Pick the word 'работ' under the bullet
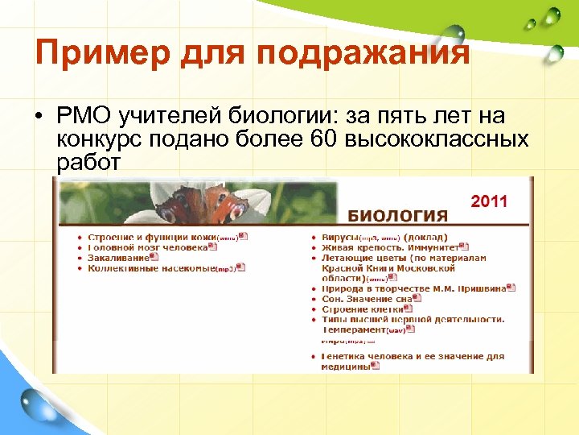tap(88, 162)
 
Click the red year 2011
tap(489, 201)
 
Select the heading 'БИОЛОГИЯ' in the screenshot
tap(397, 216)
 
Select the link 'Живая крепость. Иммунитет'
tap(390, 247)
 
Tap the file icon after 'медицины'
tap(376, 366)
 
